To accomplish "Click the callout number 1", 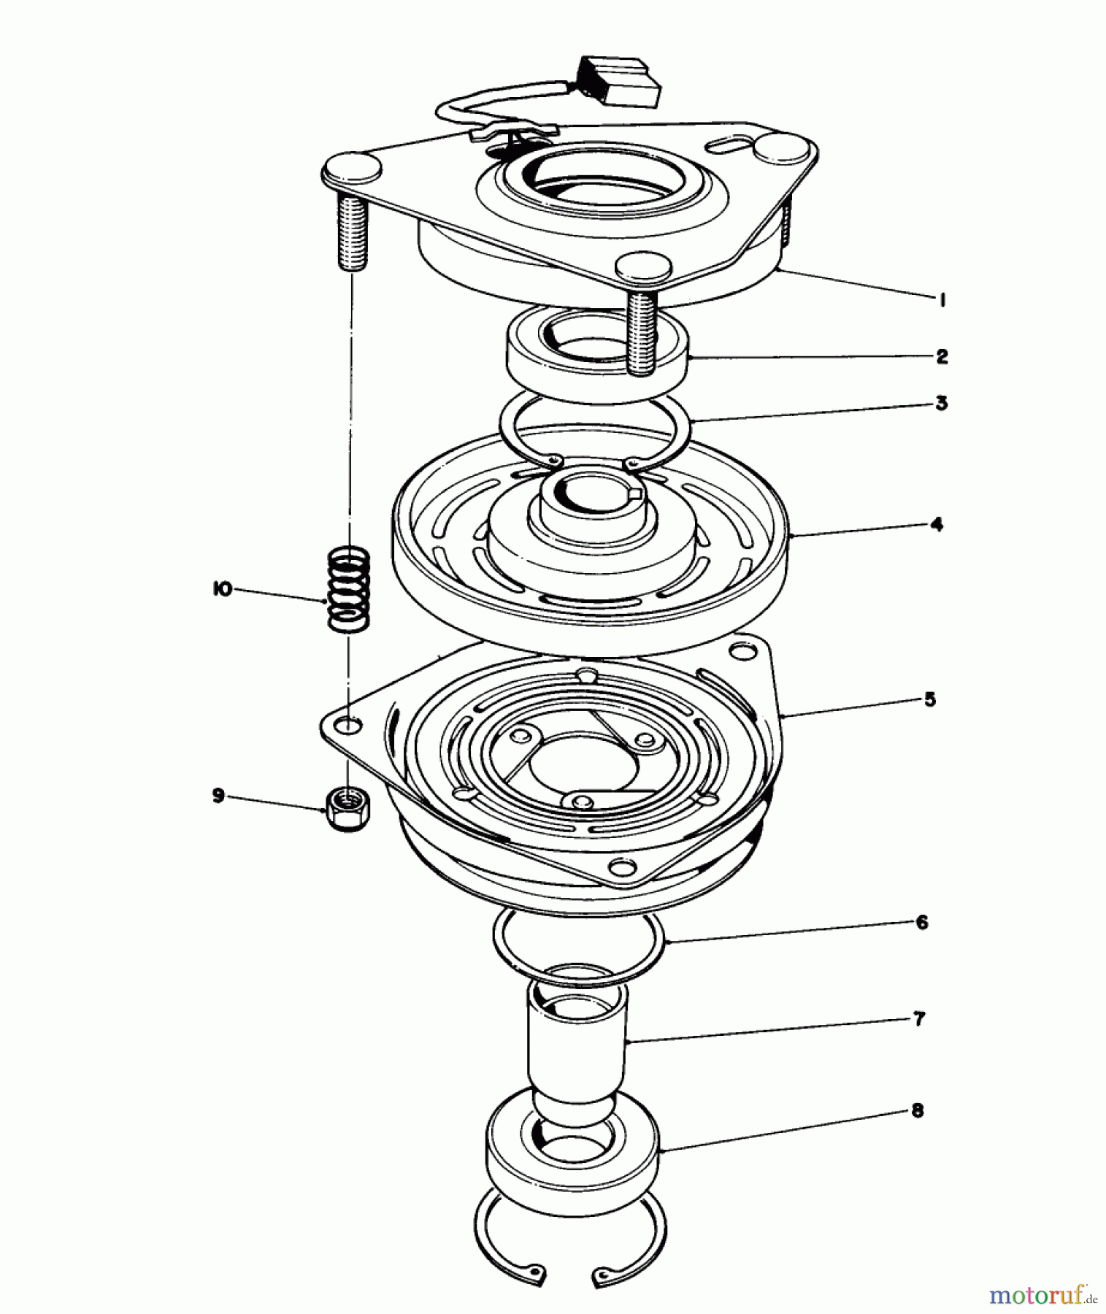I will click(942, 299).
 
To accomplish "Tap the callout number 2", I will click(942, 356).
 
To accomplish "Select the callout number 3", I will click(942, 402).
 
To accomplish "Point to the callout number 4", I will click(937, 524).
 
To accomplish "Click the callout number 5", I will click(929, 699).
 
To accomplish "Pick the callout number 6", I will click(922, 922).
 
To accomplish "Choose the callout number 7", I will click(919, 1018).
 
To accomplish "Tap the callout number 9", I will click(218, 796).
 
